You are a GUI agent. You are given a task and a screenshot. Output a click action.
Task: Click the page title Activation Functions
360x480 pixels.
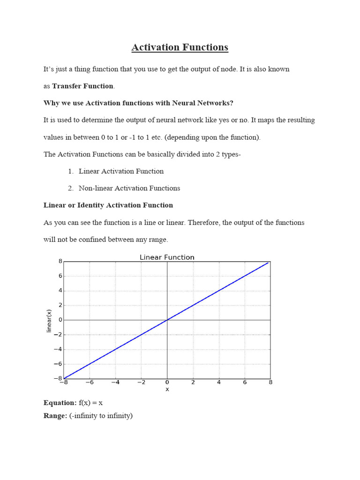point(180,47)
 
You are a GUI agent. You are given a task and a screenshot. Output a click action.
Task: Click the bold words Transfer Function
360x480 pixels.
point(82,86)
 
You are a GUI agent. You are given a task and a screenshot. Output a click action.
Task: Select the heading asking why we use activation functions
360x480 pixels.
point(138,103)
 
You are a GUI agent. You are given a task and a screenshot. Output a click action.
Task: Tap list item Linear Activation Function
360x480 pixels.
point(121,171)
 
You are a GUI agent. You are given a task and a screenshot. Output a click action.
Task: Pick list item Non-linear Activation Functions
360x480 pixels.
point(129,188)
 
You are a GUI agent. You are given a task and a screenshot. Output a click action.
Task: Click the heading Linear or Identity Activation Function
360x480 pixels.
point(108,205)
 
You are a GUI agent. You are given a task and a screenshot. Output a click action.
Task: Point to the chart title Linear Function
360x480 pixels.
point(167,257)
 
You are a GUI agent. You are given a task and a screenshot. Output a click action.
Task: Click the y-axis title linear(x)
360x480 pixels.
point(49,321)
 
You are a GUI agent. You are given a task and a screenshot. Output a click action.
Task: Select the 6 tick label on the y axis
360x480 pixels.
point(60,276)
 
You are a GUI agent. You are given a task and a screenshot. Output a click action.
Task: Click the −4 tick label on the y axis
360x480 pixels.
point(58,349)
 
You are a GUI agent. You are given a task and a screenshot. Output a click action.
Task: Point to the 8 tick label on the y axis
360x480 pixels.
point(60,262)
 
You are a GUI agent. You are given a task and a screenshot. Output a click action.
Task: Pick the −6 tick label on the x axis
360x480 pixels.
point(90,382)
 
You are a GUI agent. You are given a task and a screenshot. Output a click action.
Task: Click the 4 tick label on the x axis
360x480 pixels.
point(219,382)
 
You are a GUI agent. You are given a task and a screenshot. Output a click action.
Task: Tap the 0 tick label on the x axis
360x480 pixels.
point(167,382)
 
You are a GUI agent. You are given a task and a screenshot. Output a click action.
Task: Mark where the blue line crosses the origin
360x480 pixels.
point(167,320)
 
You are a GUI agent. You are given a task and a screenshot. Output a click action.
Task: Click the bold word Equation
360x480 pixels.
point(60,403)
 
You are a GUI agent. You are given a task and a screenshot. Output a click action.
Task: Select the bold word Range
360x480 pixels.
point(55,415)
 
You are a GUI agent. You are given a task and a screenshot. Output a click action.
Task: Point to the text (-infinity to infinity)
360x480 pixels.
point(101,415)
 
